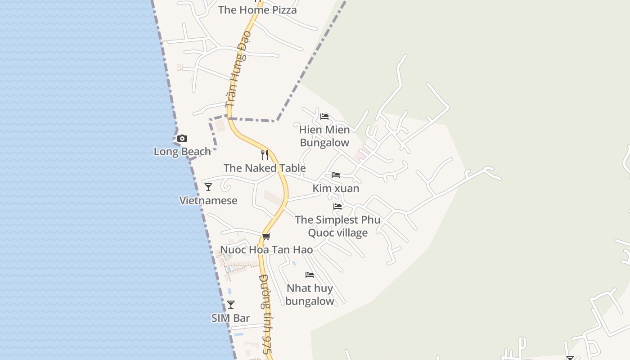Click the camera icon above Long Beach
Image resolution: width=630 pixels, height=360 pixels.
click(x=182, y=139)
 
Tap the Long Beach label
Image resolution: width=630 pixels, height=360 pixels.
click(x=182, y=152)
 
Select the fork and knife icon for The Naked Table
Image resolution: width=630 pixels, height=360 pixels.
click(x=265, y=155)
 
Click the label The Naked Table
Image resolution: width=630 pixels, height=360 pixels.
click(x=265, y=168)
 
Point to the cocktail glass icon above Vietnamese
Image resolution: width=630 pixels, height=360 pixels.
click(x=208, y=187)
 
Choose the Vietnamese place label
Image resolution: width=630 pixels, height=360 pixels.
click(x=208, y=201)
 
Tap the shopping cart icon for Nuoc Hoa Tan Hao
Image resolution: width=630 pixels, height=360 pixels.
click(x=266, y=236)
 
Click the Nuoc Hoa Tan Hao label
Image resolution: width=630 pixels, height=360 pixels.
click(x=266, y=250)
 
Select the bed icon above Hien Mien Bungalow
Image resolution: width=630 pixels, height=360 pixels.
click(x=324, y=117)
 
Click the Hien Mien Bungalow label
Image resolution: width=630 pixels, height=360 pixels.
click(x=324, y=136)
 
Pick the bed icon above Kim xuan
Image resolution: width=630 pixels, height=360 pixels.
click(x=336, y=175)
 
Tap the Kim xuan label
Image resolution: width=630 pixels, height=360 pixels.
click(x=336, y=189)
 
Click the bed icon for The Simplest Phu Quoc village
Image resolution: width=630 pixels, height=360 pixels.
click(x=337, y=207)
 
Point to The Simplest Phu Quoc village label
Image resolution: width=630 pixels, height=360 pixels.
click(x=337, y=226)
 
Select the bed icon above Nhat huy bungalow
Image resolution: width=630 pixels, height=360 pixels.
click(x=310, y=275)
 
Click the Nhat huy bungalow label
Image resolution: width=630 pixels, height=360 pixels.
click(x=310, y=295)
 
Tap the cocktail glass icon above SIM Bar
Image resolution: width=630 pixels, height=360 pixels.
click(x=231, y=305)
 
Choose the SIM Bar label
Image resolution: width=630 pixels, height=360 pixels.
click(x=231, y=318)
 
